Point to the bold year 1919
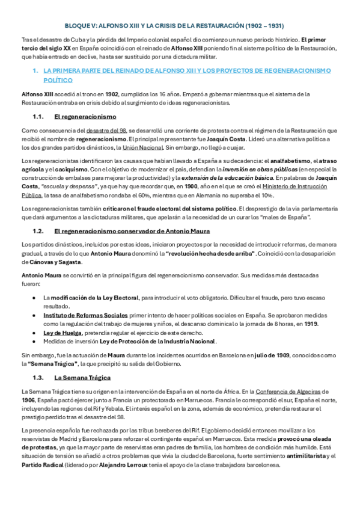tap(310, 323)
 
